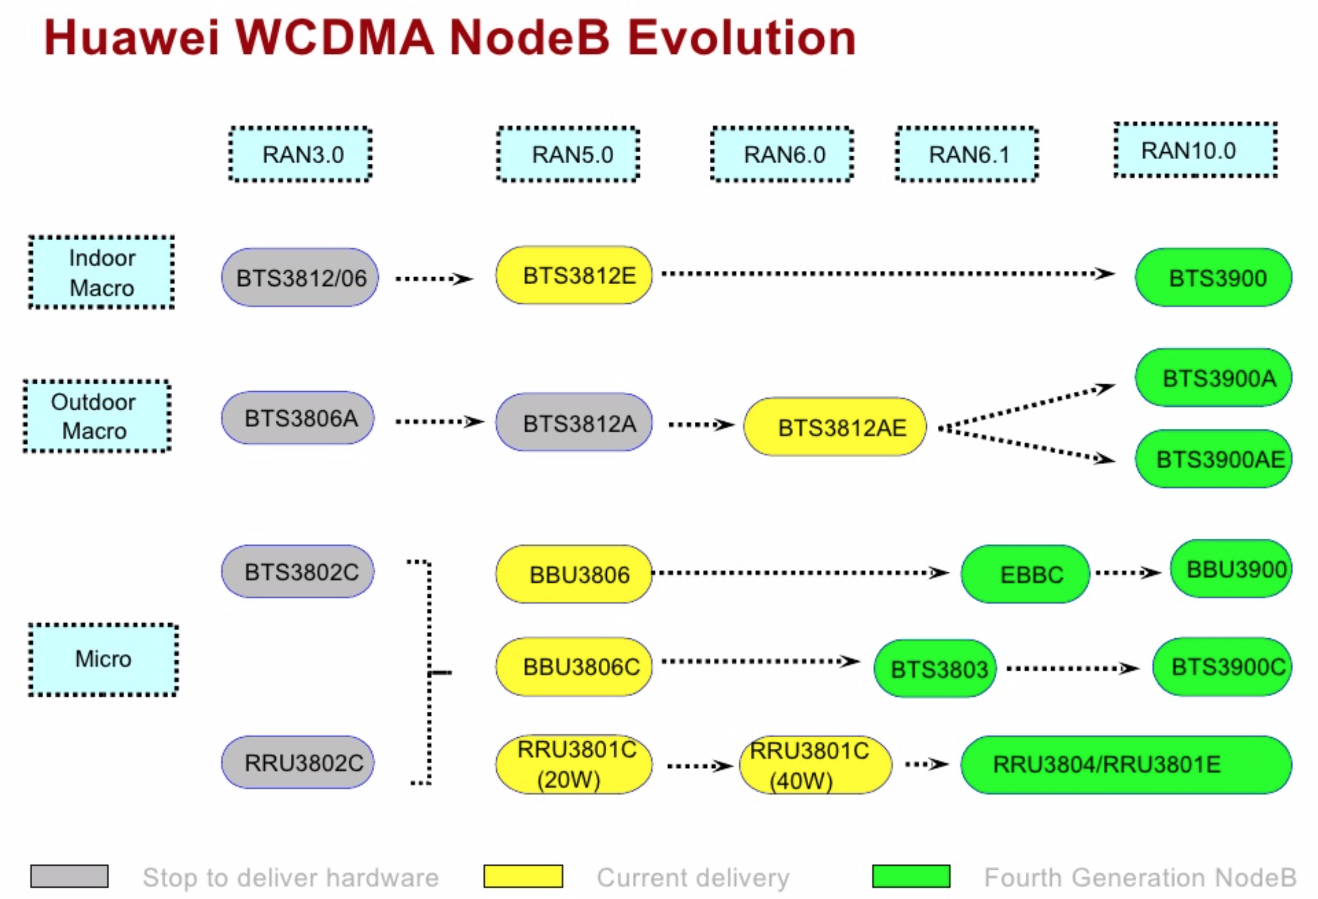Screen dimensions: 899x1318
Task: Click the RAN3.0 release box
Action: (x=300, y=154)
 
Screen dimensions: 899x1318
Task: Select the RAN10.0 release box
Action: (x=1195, y=150)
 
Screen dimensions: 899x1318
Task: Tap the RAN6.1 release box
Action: (x=967, y=154)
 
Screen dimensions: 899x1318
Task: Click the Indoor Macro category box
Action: (x=101, y=273)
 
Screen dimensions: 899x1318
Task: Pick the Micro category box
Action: (x=103, y=659)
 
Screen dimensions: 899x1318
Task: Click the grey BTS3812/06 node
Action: (x=300, y=278)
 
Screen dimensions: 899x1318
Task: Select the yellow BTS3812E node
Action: (x=574, y=276)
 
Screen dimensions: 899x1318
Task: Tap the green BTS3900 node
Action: (x=1213, y=278)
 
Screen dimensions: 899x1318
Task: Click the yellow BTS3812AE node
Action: (x=834, y=427)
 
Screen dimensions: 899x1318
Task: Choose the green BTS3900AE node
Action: (x=1213, y=459)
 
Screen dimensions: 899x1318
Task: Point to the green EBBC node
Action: (x=1025, y=575)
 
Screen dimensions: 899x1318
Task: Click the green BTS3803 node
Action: (x=935, y=668)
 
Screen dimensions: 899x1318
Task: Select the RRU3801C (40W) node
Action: (x=816, y=765)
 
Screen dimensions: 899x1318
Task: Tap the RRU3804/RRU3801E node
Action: (x=1126, y=764)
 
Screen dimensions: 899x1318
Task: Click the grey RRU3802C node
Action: (x=298, y=762)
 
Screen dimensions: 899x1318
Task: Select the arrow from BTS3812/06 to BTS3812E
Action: (x=434, y=279)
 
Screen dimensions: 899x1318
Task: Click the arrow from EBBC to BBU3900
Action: (x=1128, y=573)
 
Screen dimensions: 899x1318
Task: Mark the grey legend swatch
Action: (x=69, y=876)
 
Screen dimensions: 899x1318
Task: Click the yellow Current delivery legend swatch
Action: (x=523, y=876)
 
